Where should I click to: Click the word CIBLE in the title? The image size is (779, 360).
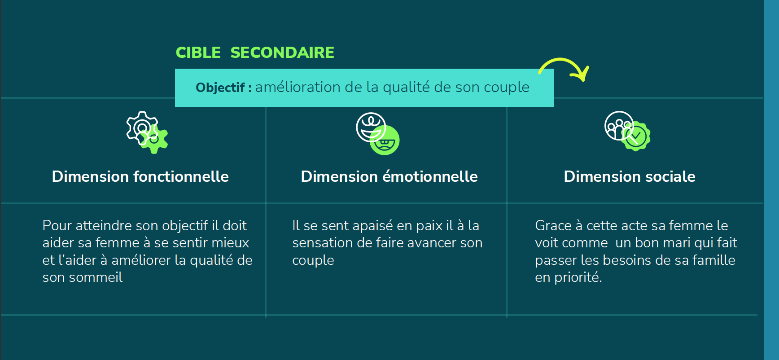198,53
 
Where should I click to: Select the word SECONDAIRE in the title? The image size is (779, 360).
282,53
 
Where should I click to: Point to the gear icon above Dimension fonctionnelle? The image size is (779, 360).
147,132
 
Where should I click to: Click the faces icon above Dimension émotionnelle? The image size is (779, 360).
378,133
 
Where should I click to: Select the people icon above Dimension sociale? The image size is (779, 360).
627,131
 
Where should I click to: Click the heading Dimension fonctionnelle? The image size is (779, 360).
140,176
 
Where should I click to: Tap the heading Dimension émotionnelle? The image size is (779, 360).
389,176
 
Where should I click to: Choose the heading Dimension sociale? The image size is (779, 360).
630,176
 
